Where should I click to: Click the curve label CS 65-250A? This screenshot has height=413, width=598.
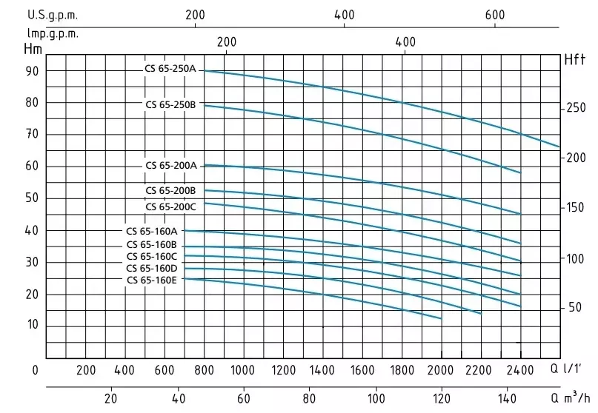pos(170,69)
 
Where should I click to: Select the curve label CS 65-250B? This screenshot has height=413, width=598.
pos(170,104)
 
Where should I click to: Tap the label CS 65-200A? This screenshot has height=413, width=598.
pos(170,165)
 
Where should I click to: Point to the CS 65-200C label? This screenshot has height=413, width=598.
pos(170,206)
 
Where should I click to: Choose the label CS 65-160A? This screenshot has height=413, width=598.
pos(151,231)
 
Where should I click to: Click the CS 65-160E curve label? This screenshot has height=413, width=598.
pos(151,280)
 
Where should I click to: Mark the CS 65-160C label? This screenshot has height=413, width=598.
pos(151,256)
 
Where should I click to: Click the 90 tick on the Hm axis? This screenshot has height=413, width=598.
pos(32,71)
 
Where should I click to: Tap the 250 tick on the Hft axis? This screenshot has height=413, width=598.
pos(575,108)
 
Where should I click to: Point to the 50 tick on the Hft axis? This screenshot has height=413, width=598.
pos(575,307)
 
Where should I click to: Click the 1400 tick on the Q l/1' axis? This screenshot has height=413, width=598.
pos(322,370)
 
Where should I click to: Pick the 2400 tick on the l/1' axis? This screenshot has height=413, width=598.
pos(520,370)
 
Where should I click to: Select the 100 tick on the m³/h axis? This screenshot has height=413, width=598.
pos(376,396)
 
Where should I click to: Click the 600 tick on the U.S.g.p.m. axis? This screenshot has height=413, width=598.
pos(494,14)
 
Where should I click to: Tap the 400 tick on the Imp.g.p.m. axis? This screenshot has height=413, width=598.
pos(405,42)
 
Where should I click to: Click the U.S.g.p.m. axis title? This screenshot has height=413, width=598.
pos(52,14)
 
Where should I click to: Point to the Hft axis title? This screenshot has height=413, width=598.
pos(574,59)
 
